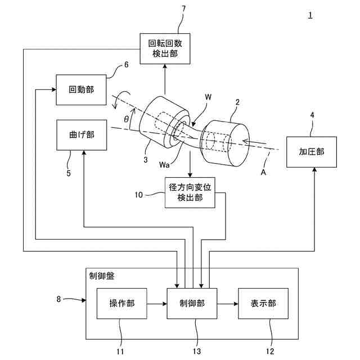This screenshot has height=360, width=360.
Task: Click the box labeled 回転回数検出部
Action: (165, 49)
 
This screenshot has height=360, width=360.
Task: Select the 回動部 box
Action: (81, 90)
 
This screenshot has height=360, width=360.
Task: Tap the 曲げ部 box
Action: (82, 135)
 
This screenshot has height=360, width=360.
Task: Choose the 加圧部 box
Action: (312, 152)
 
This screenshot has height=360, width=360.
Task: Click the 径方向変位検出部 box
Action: (190, 192)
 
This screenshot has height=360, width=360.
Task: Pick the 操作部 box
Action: (121, 304)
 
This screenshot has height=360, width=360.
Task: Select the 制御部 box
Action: (192, 304)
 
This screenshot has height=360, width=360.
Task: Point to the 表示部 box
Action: (263, 304)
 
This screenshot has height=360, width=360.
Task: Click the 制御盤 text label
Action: (102, 276)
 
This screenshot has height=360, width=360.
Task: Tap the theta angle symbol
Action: (126, 119)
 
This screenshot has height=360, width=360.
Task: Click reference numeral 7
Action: (183, 8)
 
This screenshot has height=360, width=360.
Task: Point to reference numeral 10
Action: (139, 195)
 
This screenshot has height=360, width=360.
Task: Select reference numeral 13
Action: (197, 351)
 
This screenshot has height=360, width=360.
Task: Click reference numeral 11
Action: (120, 352)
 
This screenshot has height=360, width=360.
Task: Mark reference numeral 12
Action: (270, 351)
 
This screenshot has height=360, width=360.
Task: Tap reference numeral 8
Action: (58, 299)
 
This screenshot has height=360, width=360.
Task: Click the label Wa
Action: (164, 165)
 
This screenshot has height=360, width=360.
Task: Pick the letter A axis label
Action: (263, 172)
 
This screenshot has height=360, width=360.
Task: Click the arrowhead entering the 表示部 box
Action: (236, 304)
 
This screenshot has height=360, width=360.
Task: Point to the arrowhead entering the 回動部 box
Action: (54, 89)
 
